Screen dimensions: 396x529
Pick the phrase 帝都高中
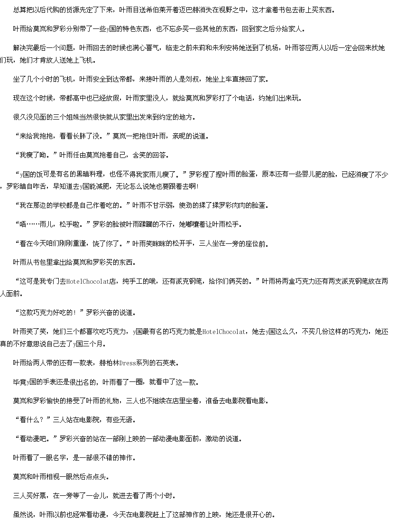click(72, 98)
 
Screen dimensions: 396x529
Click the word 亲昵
click(179, 136)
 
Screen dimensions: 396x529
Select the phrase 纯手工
click(133, 281)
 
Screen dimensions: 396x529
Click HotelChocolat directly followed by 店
click(88, 281)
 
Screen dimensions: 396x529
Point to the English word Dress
click(128, 363)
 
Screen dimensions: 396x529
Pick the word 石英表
click(166, 363)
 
